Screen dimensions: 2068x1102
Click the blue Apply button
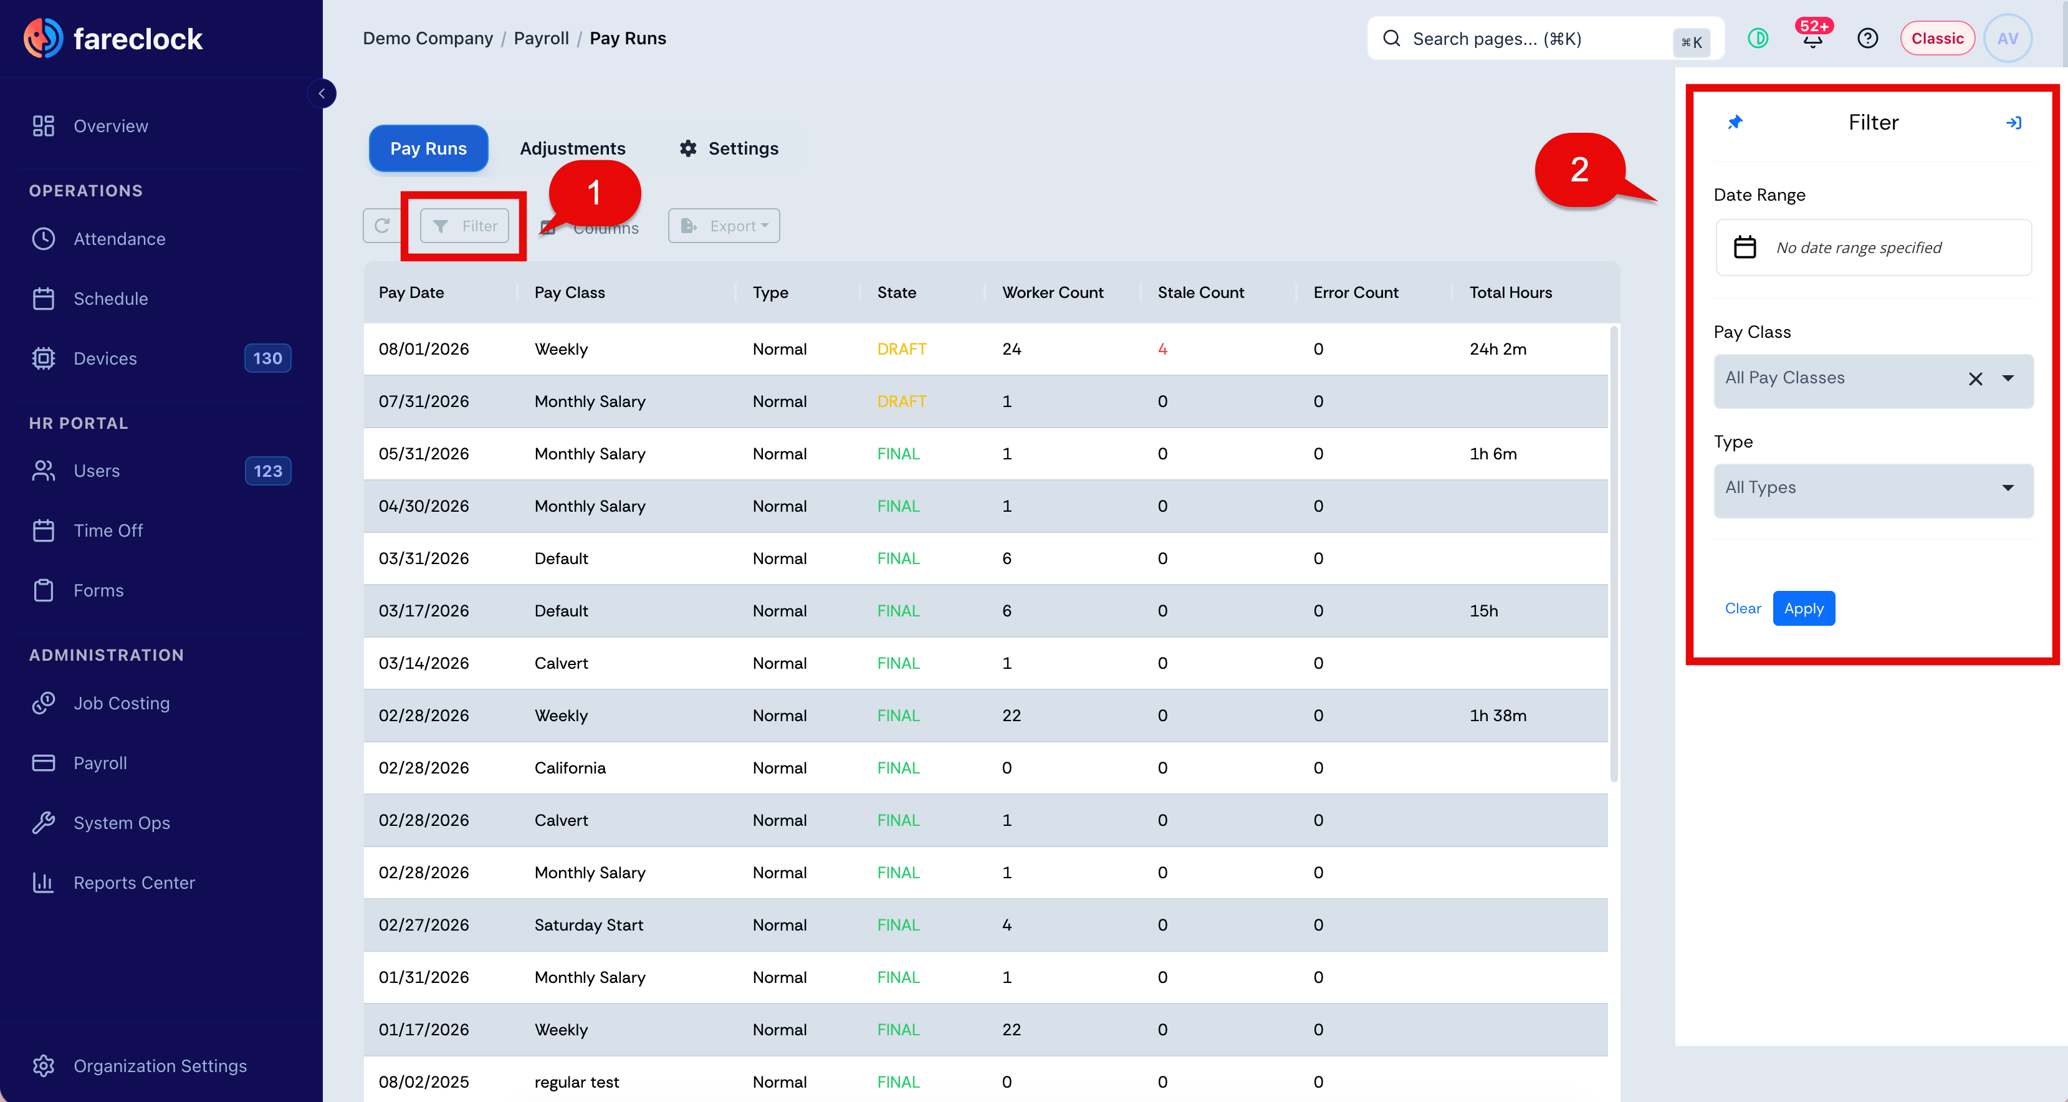pos(1803,608)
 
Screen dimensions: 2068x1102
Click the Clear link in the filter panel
pos(1743,608)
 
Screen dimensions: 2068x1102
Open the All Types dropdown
pos(1873,488)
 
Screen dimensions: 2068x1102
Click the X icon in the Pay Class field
pos(1975,378)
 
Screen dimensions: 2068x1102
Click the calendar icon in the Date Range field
pos(1745,247)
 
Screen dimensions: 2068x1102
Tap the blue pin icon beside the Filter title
pos(1735,122)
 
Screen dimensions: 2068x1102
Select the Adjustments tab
pos(572,148)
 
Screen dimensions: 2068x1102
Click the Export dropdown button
pos(724,226)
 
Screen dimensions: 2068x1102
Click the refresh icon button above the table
pos(382,226)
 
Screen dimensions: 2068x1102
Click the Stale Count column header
pos(1200,292)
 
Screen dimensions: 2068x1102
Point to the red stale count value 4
pos(1162,349)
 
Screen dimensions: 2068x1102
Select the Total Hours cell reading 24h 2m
pos(1497,349)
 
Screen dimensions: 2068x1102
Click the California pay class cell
pos(570,768)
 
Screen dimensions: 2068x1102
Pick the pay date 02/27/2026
pos(423,924)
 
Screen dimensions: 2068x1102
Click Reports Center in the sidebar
pos(134,883)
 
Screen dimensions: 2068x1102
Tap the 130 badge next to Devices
pos(267,358)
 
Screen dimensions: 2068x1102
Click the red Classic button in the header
pos(1936,39)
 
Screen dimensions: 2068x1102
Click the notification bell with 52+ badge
pos(1812,38)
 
